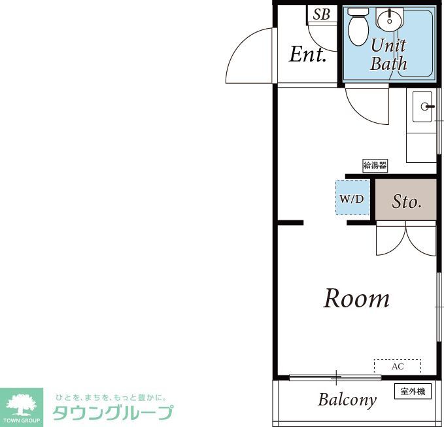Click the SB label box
click(x=321, y=14)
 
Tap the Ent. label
click(x=307, y=55)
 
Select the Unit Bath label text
click(x=388, y=54)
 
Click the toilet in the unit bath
click(x=357, y=26)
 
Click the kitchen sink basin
click(x=423, y=107)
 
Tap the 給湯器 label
click(x=375, y=165)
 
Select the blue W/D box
click(x=352, y=197)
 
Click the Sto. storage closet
click(x=405, y=201)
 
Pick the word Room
click(x=356, y=299)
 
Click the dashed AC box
click(x=397, y=366)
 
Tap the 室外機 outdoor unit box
click(x=413, y=392)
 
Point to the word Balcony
click(x=347, y=400)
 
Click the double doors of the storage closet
click(x=406, y=239)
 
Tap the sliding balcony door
click(x=335, y=377)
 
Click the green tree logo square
click(x=22, y=407)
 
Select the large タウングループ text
click(x=112, y=413)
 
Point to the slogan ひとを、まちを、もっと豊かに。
click(x=111, y=397)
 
